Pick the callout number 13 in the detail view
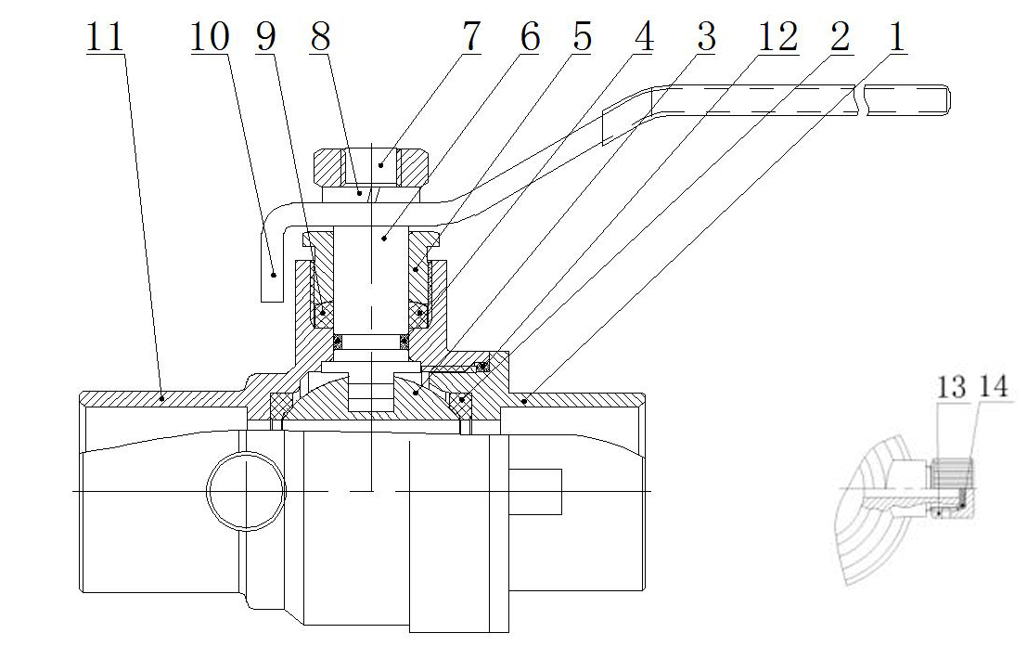[950, 387]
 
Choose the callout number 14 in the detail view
[993, 387]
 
